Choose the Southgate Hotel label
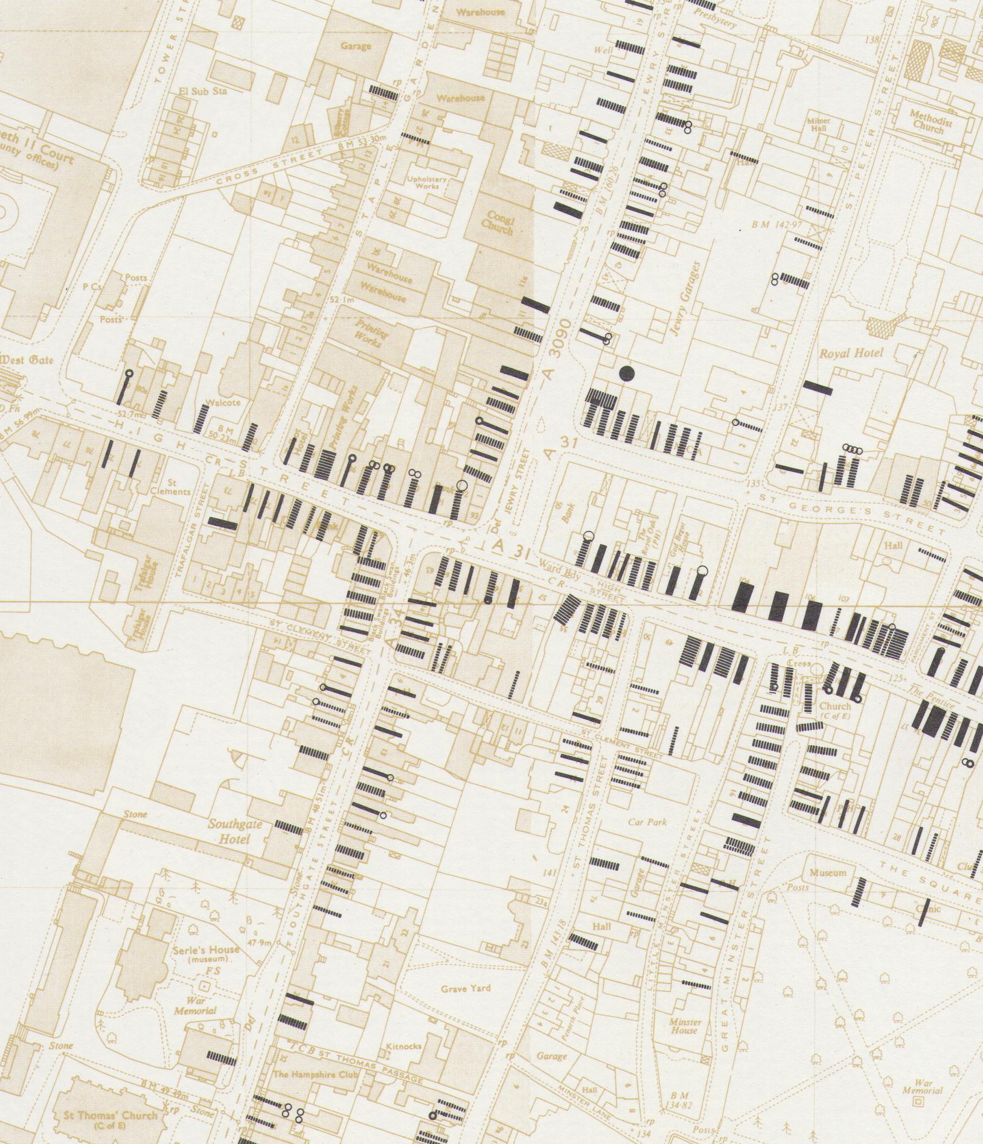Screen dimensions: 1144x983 230,832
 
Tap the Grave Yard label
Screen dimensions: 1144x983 466,988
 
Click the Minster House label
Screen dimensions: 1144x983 685,1026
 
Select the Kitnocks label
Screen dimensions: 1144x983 405,1046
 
